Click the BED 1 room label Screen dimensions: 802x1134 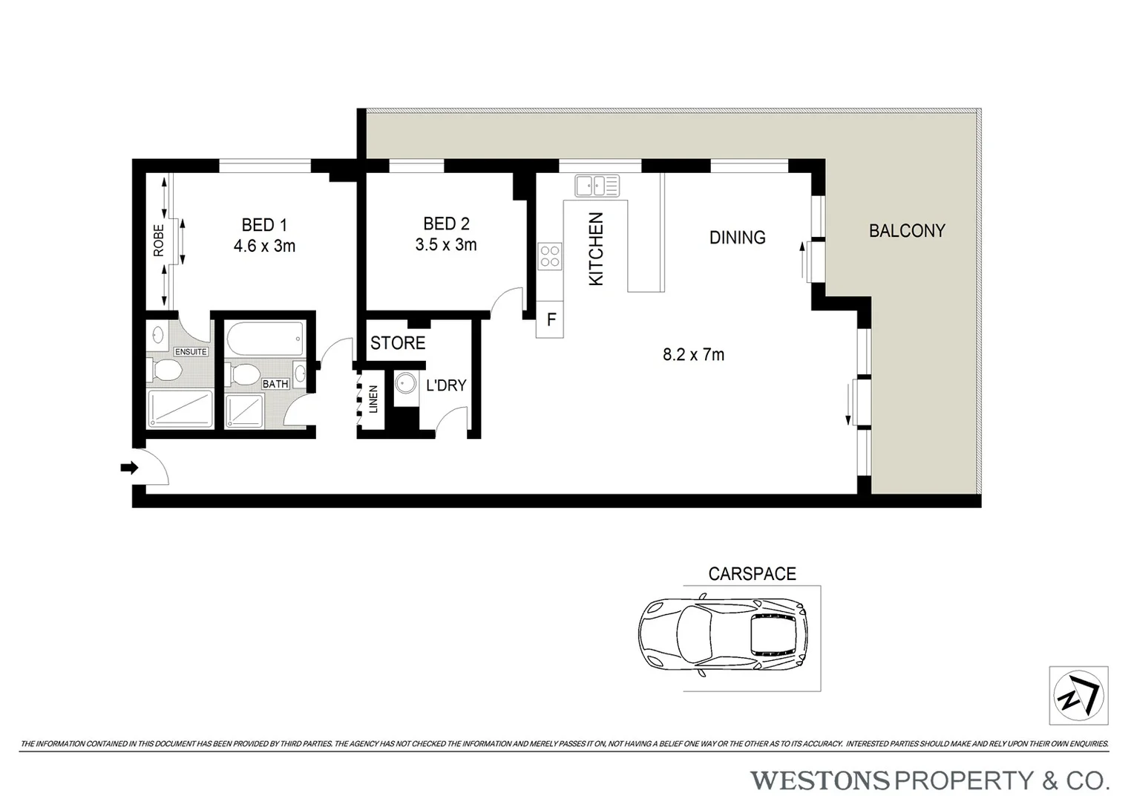263,224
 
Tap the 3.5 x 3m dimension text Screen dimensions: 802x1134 445,244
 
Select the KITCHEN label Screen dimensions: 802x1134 596,249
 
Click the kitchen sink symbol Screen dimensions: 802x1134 596,185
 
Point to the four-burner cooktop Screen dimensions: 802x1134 550,256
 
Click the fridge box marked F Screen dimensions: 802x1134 551,320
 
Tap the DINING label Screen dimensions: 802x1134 737,238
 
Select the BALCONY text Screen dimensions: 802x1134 907,231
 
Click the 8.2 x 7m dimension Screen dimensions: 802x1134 693,355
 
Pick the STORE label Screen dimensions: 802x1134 398,343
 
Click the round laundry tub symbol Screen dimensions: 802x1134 405,384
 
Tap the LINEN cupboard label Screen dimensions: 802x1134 373,400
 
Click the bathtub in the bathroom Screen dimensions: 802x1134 263,340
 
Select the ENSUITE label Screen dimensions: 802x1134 191,351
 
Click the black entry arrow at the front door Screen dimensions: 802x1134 129,468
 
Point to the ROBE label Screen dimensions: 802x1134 159,241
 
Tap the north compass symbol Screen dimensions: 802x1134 1078,696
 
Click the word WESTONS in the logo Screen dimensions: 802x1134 819,780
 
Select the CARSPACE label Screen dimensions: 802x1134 752,574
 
